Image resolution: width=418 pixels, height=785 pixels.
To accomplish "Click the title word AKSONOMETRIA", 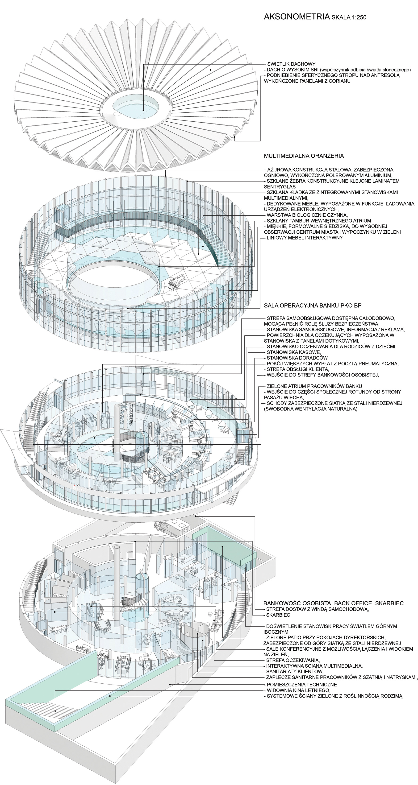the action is click(x=296, y=17).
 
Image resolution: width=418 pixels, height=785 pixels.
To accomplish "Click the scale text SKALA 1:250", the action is click(x=348, y=18).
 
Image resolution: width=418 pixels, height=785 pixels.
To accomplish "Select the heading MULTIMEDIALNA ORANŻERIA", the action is click(x=304, y=156).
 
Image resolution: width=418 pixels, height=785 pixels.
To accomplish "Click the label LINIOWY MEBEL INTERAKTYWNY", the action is click(x=305, y=238).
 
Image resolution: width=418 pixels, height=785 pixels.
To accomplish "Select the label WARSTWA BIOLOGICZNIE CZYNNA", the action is click(x=307, y=215).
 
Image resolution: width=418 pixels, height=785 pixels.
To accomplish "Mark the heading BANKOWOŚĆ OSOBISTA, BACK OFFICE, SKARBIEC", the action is click(x=334, y=603).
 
